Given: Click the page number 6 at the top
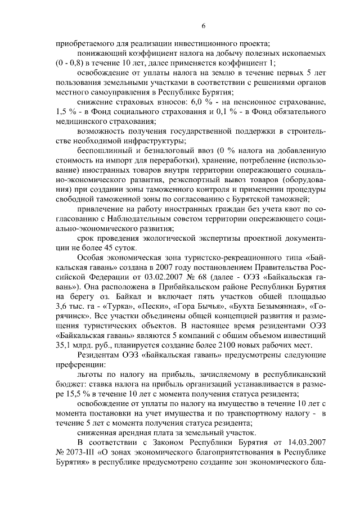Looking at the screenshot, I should (204, 25).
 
